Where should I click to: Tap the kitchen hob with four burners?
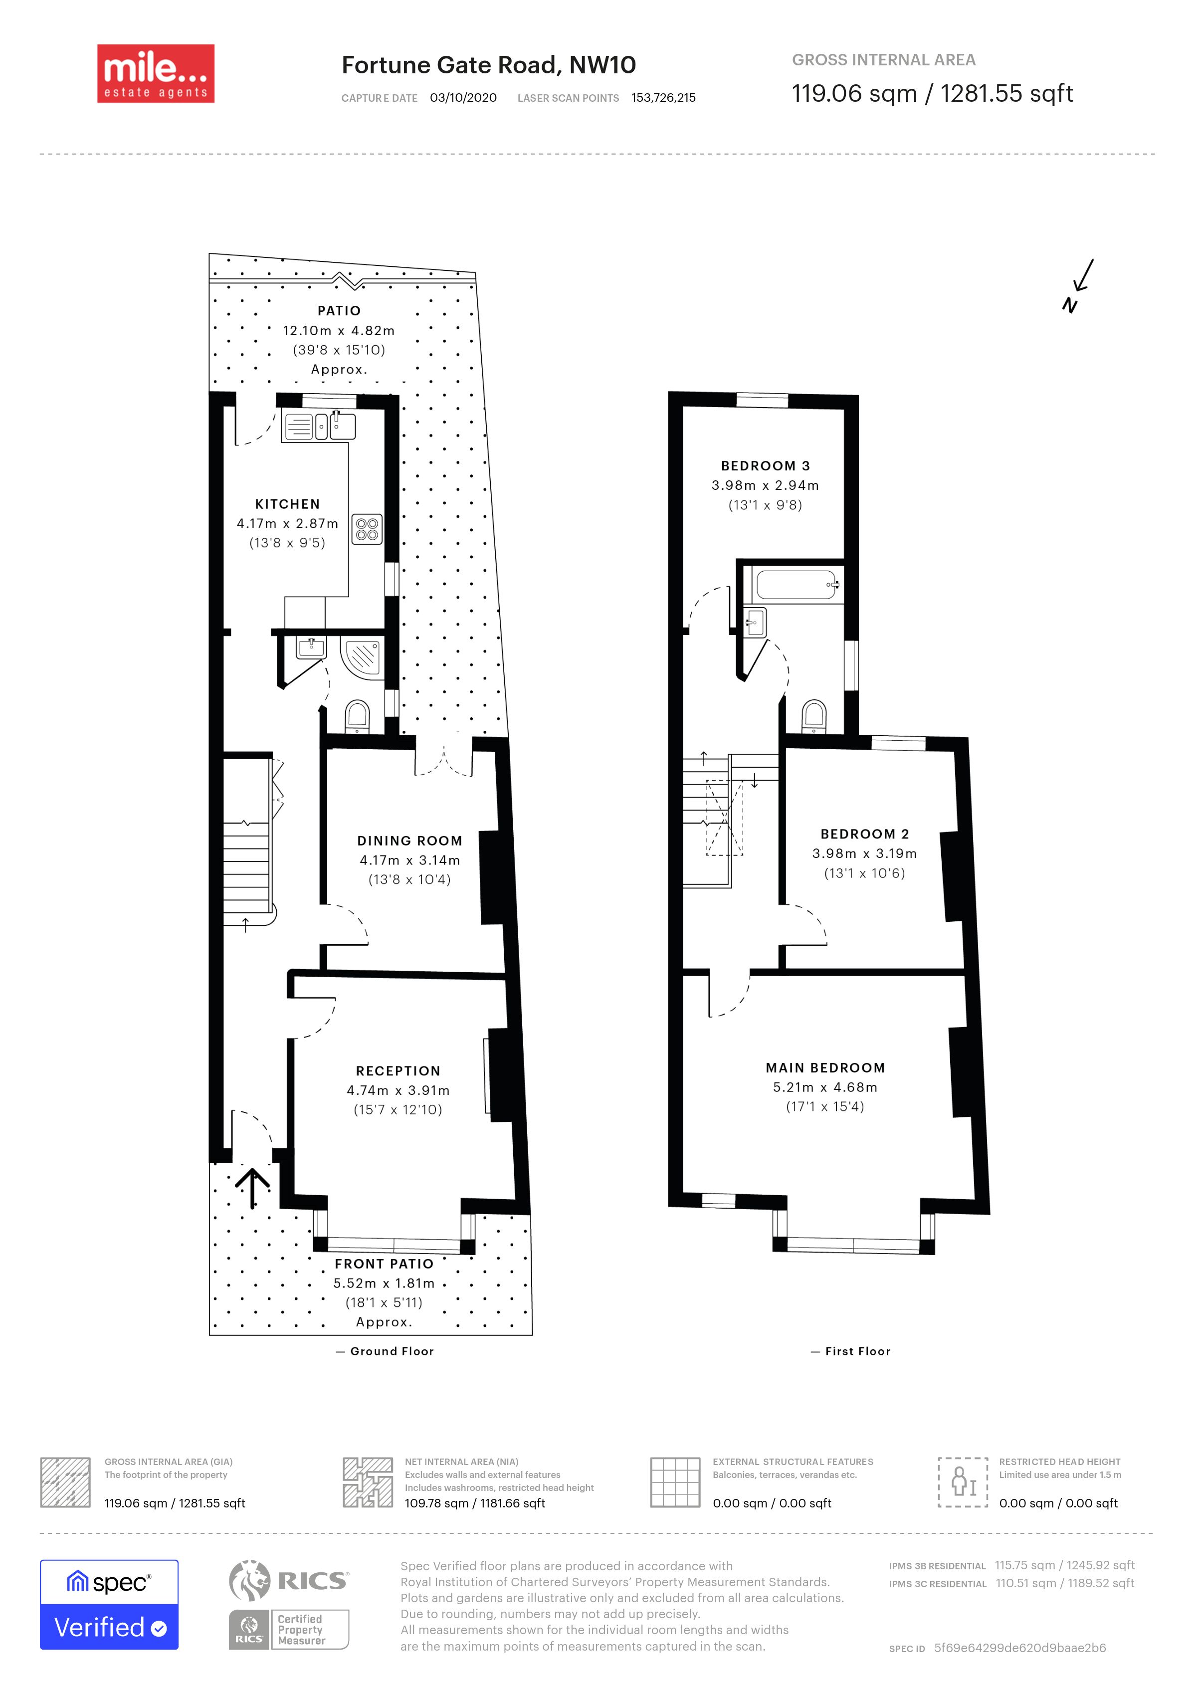point(367,528)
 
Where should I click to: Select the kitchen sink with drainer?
point(319,426)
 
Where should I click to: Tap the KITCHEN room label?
point(288,504)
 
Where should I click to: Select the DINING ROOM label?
point(410,841)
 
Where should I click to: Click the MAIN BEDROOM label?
point(825,1067)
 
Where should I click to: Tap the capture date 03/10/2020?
point(463,98)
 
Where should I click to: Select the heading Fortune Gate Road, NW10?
point(489,65)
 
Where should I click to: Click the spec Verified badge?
point(109,1605)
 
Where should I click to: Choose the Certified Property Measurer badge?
point(288,1630)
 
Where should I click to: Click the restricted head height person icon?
point(963,1481)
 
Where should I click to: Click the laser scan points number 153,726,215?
point(664,98)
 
